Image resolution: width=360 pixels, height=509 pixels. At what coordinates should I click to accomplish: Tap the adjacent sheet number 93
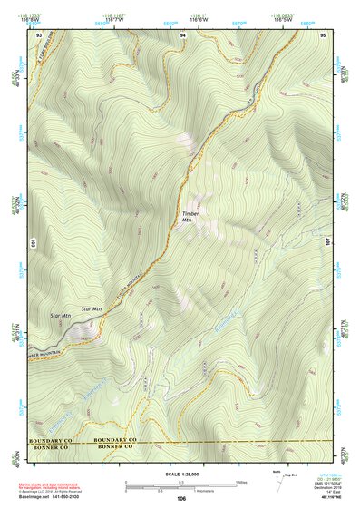[x=39, y=34]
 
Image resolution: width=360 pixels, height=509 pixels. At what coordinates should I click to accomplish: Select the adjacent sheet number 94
[x=182, y=34]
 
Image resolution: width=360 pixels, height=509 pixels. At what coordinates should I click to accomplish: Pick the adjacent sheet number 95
[x=323, y=34]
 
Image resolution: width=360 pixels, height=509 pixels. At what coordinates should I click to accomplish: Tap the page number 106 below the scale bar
[x=181, y=499]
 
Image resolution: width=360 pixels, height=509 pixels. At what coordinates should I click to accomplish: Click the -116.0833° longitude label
[x=284, y=15]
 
